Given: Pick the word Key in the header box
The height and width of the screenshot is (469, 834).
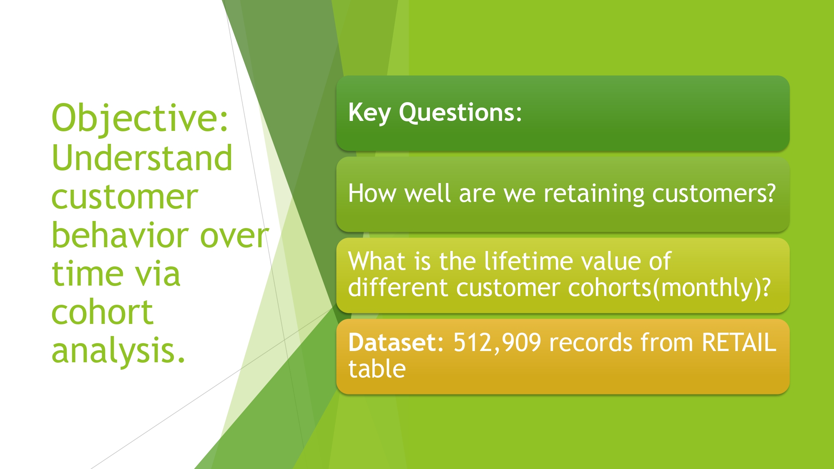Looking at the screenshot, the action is [x=369, y=113].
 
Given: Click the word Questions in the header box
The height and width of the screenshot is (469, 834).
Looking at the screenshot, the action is [x=457, y=113].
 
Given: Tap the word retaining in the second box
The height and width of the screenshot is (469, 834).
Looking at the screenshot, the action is [x=594, y=194].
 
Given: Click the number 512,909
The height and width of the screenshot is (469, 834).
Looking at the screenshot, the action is [x=497, y=343].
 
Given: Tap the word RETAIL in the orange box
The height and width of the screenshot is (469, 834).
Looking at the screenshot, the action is [x=739, y=342].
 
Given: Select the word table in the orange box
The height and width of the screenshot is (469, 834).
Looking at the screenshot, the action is [x=377, y=369].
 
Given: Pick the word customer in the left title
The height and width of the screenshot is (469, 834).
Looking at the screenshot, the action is [x=125, y=197].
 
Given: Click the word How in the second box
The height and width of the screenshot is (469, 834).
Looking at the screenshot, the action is [x=372, y=193].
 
